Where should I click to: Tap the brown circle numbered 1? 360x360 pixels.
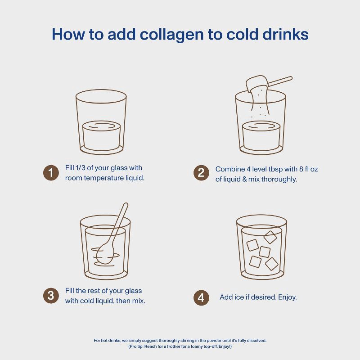coord(51,173)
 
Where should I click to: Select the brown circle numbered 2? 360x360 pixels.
coord(201,173)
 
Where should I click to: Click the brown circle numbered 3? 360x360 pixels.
coord(51,296)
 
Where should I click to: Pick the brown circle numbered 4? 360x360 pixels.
coord(201,297)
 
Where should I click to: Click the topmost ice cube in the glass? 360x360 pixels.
coord(270,237)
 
